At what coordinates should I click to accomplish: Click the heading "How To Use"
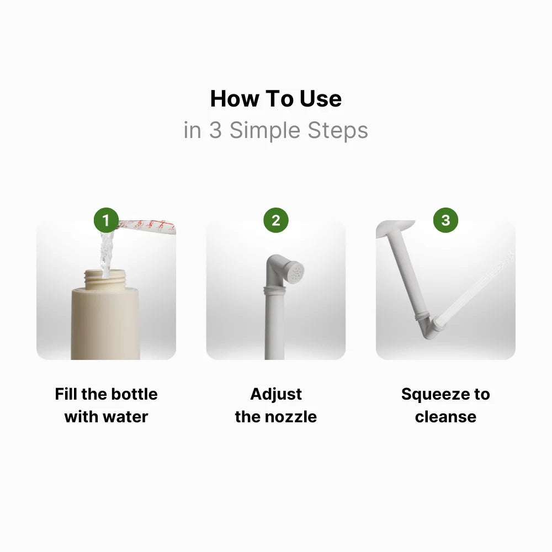(275, 99)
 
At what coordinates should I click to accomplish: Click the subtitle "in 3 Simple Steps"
(275, 131)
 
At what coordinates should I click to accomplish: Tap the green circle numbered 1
(106, 221)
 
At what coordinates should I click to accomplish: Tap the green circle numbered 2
(275, 221)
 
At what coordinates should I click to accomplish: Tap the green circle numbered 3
(445, 221)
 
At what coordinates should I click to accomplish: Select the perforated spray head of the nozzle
(295, 271)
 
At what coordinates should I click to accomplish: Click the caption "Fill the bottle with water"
(106, 405)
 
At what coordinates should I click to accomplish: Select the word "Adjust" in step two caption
(275, 394)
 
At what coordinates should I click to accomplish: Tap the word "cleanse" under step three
(445, 416)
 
